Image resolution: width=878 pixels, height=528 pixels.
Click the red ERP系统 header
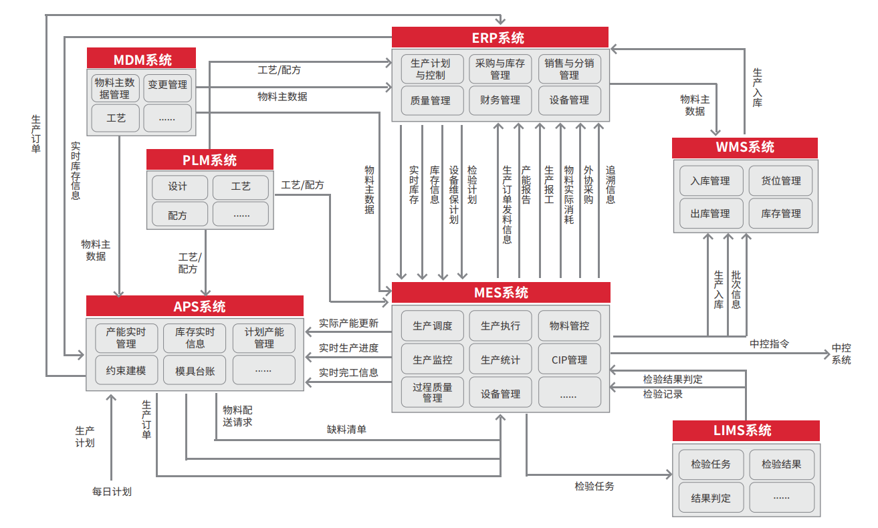point(500,37)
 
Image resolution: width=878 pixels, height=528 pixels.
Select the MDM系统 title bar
point(142,59)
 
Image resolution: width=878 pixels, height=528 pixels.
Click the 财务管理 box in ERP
point(500,100)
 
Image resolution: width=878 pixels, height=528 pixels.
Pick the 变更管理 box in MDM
point(167,86)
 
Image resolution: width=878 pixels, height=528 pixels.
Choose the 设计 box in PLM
point(177,186)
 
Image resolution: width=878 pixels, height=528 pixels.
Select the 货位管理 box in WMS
point(780,181)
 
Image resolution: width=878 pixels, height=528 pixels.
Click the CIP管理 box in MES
point(569,360)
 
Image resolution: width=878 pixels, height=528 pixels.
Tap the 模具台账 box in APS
point(195,370)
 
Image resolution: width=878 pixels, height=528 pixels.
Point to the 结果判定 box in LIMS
point(710,498)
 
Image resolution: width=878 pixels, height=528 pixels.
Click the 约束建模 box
point(126,370)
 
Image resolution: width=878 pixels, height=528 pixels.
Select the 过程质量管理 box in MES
point(432,392)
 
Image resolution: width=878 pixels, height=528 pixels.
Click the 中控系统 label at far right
point(841,354)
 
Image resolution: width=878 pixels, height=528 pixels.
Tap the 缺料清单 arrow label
point(346,430)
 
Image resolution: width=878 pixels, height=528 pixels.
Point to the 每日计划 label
point(112,492)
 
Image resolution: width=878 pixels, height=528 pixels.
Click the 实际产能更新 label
point(348,323)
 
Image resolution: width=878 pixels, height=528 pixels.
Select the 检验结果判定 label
point(673,379)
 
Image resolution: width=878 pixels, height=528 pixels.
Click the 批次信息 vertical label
point(736,289)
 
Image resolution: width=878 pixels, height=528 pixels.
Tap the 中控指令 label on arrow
point(769,344)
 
